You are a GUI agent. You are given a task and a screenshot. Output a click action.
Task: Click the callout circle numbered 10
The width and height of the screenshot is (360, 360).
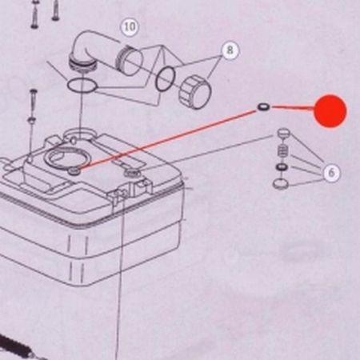point(130,26)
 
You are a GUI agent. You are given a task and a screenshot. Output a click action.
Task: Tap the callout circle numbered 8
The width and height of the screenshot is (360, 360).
point(230,50)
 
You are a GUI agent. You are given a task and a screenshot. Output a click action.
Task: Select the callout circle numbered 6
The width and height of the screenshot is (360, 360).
point(331,173)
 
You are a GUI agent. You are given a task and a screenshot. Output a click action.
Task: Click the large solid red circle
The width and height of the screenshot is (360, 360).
point(330,111)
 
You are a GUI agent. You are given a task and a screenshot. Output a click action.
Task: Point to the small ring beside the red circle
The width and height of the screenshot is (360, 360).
point(264,107)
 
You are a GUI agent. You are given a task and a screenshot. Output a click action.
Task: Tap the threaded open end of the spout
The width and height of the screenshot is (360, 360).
point(130,60)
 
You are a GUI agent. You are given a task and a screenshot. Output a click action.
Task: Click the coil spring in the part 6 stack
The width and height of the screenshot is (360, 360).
point(283,151)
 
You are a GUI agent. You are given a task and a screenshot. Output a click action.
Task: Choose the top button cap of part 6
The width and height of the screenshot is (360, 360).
point(283,133)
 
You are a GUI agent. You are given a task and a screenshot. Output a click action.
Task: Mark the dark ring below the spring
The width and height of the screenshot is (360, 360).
point(282,167)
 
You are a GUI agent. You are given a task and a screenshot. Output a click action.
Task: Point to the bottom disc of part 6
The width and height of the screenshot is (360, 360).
point(281,184)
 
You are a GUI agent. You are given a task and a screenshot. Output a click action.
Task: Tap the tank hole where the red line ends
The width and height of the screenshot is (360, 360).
point(74,171)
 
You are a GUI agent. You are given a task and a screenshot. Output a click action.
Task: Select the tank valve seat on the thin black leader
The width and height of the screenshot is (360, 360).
point(132,173)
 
